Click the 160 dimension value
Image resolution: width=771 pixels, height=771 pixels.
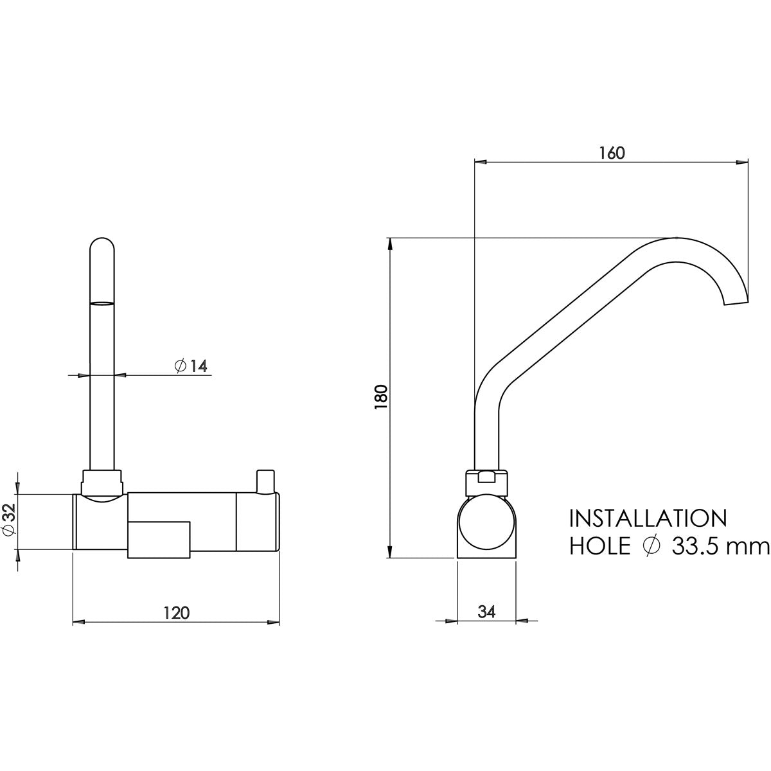(612, 153)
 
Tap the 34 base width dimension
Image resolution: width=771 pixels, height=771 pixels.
(486, 612)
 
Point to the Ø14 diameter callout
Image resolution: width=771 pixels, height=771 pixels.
(190, 366)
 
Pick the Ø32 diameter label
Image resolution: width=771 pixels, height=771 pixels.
(9, 522)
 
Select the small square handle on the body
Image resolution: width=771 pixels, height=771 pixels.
(160, 538)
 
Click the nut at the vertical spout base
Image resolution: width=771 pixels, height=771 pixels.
(103, 481)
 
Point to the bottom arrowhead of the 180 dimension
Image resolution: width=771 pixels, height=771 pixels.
(390, 551)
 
